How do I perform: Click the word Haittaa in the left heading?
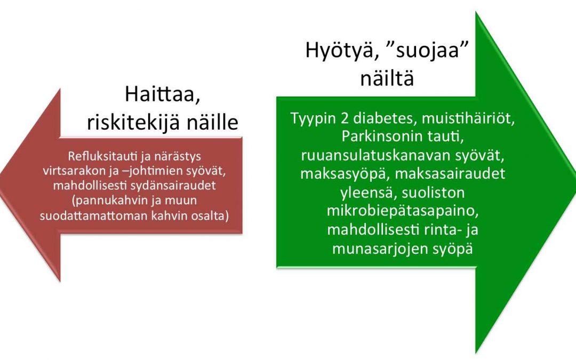[x=162, y=94]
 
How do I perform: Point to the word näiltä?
[x=387, y=78]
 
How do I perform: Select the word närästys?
[x=178, y=157]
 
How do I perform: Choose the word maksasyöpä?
[x=345, y=174]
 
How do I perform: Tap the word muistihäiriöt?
[x=468, y=118]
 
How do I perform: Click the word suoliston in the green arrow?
[x=433, y=193]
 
